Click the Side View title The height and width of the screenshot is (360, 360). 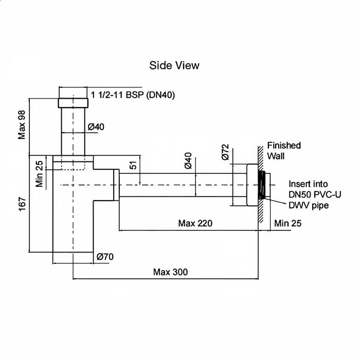(174, 65)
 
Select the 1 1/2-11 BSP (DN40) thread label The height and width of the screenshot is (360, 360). (133, 95)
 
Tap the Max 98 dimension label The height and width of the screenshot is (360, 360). (22, 124)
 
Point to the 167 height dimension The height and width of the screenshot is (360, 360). (22, 204)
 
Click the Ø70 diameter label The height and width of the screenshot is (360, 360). (105, 257)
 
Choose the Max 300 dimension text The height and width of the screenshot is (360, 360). (170, 272)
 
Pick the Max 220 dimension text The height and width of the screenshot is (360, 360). (195, 223)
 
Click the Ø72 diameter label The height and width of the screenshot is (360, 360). (225, 152)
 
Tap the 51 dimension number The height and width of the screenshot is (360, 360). (133, 165)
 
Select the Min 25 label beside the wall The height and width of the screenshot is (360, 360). (287, 223)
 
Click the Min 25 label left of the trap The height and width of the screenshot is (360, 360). (39, 174)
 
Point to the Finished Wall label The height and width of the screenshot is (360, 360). (284, 151)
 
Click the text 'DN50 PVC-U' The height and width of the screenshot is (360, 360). (315, 195)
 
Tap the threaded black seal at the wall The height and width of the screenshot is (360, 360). (262, 185)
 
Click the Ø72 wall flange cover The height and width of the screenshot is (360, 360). (253, 185)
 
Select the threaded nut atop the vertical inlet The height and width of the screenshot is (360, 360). (73, 103)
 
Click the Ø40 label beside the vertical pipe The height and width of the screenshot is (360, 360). (96, 127)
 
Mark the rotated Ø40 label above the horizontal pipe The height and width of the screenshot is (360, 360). (188, 160)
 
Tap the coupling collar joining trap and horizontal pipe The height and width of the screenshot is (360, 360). (116, 185)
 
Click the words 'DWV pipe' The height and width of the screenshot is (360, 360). (309, 205)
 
